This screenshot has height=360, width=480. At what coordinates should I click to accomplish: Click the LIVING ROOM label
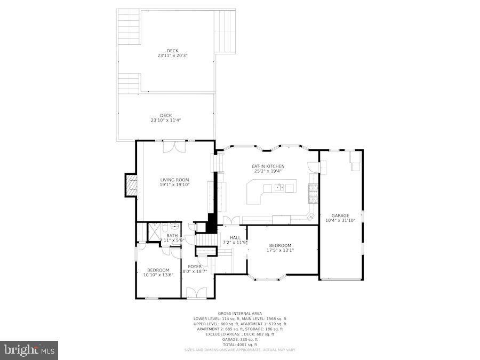tap(174, 180)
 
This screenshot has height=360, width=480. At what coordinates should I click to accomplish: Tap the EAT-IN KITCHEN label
tap(268, 166)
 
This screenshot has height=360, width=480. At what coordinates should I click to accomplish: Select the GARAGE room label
tap(340, 215)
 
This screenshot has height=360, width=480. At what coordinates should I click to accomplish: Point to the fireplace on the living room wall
tap(131, 185)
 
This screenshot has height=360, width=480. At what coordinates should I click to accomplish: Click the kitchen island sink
tap(279, 187)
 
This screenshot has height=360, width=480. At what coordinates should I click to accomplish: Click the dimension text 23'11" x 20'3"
tap(172, 55)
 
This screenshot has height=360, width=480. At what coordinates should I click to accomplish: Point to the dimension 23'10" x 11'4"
tap(165, 121)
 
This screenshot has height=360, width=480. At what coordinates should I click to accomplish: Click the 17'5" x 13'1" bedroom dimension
tap(279, 250)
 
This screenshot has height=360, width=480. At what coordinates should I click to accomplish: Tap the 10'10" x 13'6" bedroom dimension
tap(158, 275)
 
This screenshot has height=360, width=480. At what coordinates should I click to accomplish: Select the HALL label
tap(235, 237)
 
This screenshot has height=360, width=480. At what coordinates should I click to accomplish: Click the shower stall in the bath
tap(155, 233)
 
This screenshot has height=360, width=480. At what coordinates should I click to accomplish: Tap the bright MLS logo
tap(29, 350)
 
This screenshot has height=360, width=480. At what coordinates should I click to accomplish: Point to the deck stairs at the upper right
tap(224, 31)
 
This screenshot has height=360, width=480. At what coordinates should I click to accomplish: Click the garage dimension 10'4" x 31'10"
tap(340, 220)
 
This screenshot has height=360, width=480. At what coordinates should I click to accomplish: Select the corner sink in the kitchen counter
tap(310, 217)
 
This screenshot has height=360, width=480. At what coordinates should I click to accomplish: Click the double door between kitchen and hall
tap(231, 220)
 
